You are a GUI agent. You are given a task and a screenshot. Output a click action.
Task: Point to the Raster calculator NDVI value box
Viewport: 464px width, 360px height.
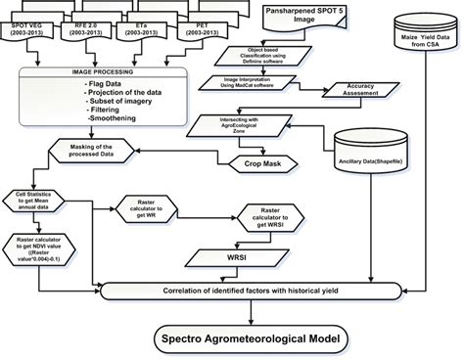tap(42, 250)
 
